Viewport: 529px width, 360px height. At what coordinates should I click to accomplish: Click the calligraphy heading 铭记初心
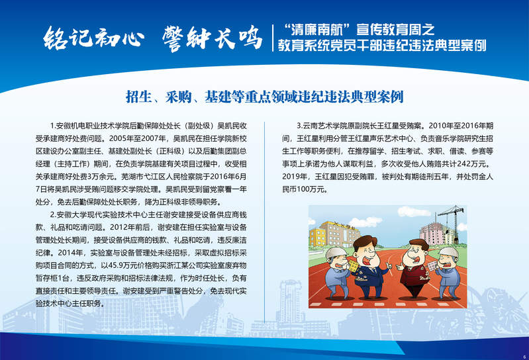93,37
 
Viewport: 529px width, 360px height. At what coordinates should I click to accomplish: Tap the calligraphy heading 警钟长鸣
213,38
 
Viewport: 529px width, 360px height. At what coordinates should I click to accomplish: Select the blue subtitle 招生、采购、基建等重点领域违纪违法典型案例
265,97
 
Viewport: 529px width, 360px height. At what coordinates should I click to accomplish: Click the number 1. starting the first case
53,126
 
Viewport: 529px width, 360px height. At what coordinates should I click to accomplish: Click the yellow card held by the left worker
354,266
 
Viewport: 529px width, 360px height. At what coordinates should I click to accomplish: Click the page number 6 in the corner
524,357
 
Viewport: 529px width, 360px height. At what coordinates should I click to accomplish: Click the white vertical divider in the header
273,38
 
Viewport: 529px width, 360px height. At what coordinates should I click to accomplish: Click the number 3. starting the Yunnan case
299,126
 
